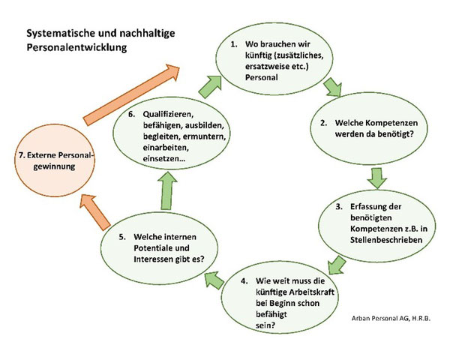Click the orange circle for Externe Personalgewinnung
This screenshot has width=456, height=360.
click(55, 160)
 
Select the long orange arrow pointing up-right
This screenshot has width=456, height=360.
click(131, 95)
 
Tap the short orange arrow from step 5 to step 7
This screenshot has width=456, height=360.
click(94, 212)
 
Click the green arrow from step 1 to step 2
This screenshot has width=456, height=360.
click(333, 87)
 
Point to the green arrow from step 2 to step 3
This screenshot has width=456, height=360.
click(377, 178)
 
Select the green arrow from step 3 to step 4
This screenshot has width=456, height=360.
click(337, 265)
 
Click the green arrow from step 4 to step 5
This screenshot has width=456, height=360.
click(214, 280)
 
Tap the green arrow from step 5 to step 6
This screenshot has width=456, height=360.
click(167, 190)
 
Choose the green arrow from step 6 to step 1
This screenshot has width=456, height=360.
click(210, 87)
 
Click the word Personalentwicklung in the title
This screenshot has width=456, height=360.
click(76, 47)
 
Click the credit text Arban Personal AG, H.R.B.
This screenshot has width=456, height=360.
click(391, 318)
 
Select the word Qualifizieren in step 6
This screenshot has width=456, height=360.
click(169, 114)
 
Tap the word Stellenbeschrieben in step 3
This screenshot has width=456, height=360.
click(386, 240)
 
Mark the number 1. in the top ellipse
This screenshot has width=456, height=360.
click(234, 44)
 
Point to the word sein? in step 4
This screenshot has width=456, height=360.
click(265, 325)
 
